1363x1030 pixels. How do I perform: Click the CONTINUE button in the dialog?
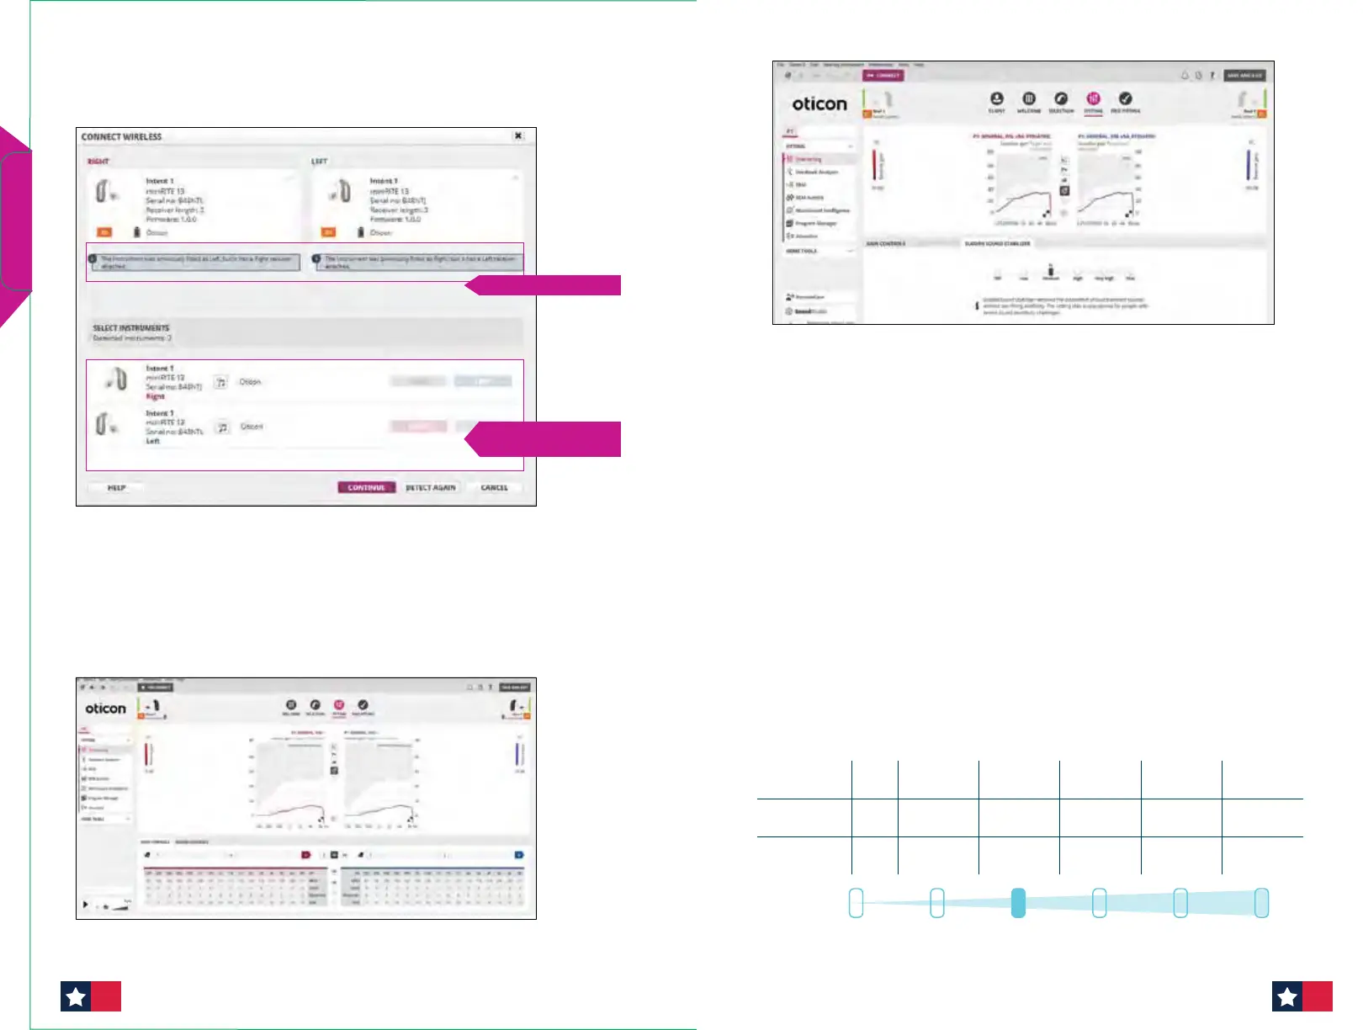point(366,487)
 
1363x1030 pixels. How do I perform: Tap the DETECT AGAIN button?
point(430,487)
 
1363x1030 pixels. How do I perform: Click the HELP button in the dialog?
point(116,487)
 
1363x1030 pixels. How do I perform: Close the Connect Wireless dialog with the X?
point(518,135)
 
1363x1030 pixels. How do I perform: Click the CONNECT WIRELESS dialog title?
point(121,136)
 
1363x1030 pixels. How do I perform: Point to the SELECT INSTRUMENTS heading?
point(130,327)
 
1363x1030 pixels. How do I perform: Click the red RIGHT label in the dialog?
point(98,161)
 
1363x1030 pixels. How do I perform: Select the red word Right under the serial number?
point(156,396)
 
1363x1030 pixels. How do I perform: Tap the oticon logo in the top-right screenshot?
point(819,104)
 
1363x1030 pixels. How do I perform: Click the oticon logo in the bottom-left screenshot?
point(106,709)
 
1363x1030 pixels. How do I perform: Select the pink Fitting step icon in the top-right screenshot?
point(1093,99)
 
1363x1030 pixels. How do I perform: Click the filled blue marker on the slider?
point(1018,903)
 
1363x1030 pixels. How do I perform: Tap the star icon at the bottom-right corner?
point(1287,996)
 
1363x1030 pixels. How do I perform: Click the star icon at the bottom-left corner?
point(76,996)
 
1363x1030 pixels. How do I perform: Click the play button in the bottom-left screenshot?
point(85,905)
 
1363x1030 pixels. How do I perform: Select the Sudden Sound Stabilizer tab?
point(997,243)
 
